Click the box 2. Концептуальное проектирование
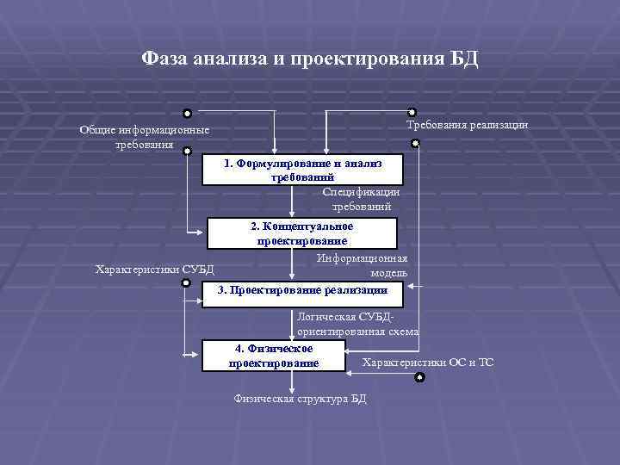302,233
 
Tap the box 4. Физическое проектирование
274,356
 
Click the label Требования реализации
467,125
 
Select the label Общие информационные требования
144,137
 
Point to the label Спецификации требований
361,199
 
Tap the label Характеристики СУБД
154,269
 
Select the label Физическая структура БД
301,399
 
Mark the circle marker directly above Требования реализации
412,112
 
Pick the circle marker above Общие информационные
187,113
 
